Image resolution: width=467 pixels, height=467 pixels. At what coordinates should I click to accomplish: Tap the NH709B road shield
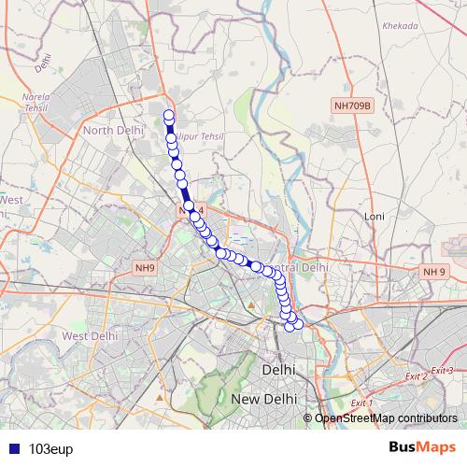point(352,106)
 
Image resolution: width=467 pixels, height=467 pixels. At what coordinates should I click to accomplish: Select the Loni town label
point(375,216)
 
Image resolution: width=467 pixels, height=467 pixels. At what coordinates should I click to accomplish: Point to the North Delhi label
point(111,130)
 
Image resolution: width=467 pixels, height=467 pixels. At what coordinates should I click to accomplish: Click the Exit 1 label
point(361,403)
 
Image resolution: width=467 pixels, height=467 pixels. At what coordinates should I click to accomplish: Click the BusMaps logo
point(421,447)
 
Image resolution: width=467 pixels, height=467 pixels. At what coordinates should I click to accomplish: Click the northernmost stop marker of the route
point(169,116)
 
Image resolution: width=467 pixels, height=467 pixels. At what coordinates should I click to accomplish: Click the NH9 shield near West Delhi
point(144,268)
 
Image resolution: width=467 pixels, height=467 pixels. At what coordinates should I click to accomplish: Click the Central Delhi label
point(304,266)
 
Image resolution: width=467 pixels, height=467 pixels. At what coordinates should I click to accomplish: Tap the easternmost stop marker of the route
point(299,325)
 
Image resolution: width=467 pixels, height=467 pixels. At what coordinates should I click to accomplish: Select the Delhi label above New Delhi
point(279,370)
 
